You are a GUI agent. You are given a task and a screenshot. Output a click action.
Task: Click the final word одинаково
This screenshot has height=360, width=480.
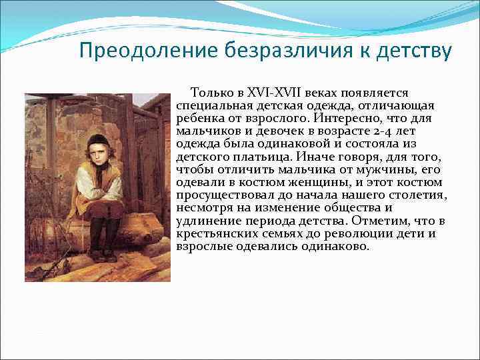pyautogui.click(x=333, y=246)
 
